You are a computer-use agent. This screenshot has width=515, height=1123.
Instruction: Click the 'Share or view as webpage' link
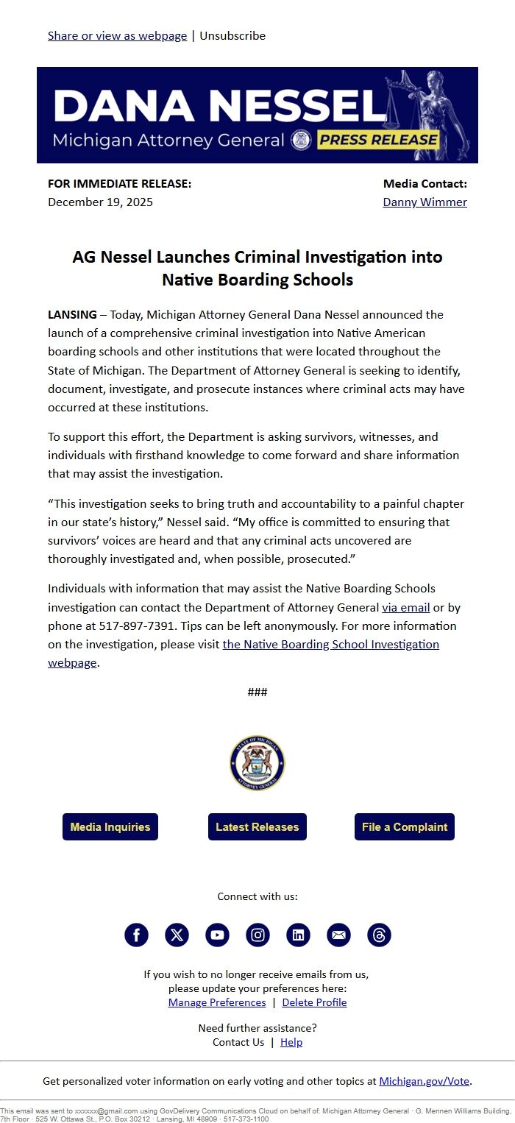point(117,35)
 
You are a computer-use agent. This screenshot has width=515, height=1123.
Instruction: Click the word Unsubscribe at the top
point(232,35)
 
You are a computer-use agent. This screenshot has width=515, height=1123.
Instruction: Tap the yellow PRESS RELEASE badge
point(379,140)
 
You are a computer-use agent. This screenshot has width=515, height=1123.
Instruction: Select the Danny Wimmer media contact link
point(425,202)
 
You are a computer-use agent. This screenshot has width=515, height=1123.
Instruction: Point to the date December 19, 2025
point(100,202)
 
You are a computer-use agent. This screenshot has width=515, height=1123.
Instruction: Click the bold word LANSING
point(72,315)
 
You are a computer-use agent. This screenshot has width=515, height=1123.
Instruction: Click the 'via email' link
point(405,608)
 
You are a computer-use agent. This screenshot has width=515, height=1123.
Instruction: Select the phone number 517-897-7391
point(138,626)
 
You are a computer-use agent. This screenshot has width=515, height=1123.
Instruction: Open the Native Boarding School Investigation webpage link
point(330,645)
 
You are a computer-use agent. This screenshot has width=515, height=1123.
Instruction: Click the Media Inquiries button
point(110,826)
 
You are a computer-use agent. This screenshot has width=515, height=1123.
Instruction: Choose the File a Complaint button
point(404,826)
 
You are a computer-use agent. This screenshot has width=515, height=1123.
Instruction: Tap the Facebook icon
point(136,935)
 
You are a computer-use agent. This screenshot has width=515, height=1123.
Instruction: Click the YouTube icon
point(217,935)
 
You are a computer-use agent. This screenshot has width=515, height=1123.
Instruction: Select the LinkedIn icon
point(298,935)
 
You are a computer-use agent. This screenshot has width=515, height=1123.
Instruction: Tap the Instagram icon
point(257,935)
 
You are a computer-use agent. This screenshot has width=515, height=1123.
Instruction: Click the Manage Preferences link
point(217,1002)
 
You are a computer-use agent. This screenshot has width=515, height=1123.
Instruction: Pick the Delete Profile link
point(314,1002)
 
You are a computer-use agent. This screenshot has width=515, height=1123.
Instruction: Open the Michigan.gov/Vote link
point(424,1081)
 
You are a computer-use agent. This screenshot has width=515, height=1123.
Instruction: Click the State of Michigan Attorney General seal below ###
point(257,763)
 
